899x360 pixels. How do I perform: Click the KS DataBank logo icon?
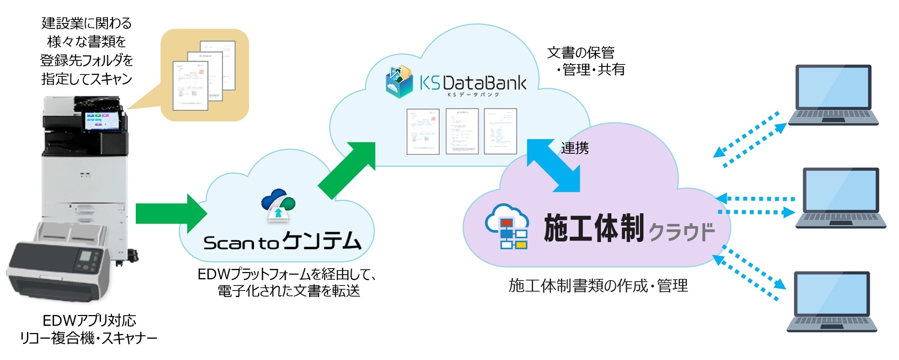coord(399,81)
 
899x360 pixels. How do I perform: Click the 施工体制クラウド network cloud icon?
coord(507,226)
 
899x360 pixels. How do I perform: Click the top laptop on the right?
coord(833,95)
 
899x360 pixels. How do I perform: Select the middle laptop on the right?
coord(841,198)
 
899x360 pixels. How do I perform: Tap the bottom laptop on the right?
coord(832,302)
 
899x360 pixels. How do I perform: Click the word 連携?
coord(574,148)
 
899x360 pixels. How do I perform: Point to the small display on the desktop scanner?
coord(86,257)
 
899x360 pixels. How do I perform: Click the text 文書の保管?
coord(580,52)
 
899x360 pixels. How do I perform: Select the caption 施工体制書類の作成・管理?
coord(598,286)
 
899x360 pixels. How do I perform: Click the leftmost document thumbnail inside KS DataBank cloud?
coord(423,131)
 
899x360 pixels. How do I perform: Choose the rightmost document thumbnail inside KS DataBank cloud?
coord(500,131)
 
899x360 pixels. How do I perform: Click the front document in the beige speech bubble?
coord(190,85)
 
